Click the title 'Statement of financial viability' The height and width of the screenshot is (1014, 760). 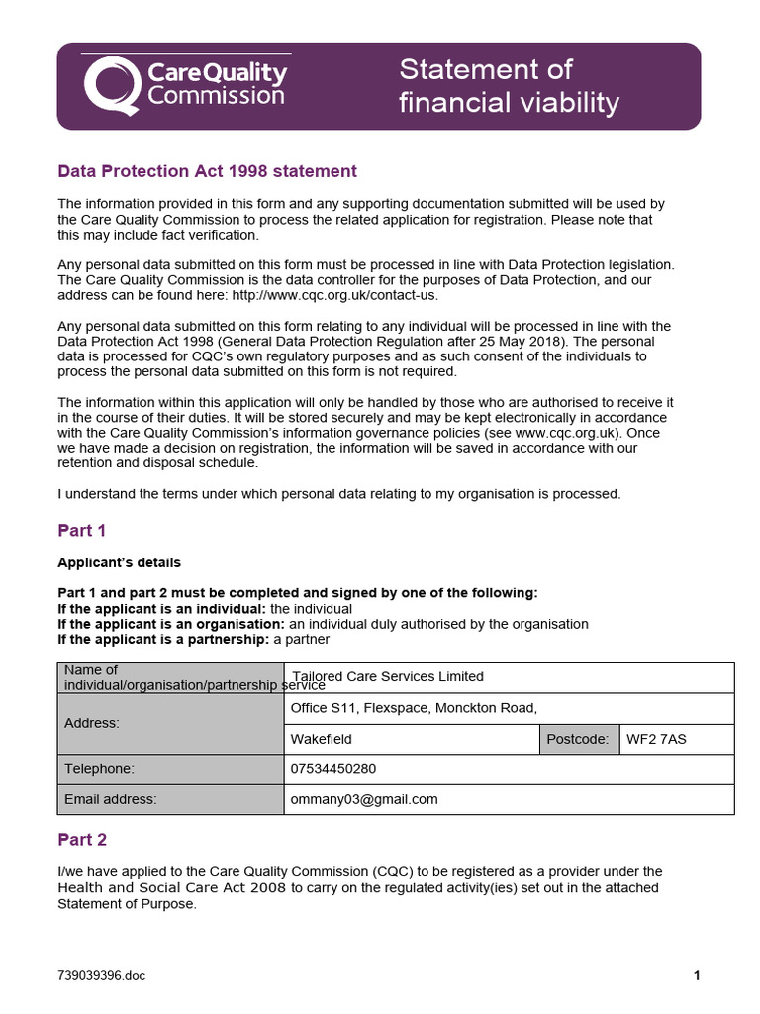point(509,86)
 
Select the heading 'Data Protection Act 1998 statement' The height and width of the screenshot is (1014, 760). point(207,171)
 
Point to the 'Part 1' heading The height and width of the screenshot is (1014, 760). point(82,531)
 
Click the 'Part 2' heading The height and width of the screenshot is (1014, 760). point(82,840)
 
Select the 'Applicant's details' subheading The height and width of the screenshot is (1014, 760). point(119,562)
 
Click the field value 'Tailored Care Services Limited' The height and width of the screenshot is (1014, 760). point(387,677)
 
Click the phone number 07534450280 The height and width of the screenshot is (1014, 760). point(332,769)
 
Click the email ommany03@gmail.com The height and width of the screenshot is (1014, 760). point(363,799)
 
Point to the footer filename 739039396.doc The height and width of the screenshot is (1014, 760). point(101,976)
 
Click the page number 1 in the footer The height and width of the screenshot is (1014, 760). point(697,976)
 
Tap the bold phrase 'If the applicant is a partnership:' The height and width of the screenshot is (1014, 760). point(162,639)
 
